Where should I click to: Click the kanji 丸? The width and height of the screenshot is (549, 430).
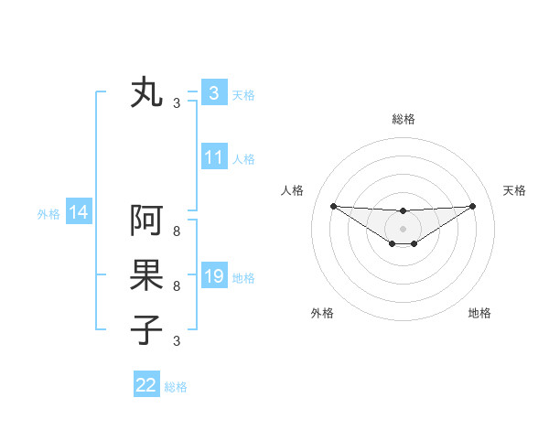click(146, 93)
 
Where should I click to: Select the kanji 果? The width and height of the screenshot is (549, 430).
click(146, 275)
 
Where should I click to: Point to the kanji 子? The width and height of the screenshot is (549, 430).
click(146, 328)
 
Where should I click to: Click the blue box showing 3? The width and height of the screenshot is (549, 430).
click(213, 92)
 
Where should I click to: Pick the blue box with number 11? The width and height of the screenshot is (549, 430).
click(213, 157)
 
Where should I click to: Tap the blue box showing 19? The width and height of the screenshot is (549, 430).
click(213, 276)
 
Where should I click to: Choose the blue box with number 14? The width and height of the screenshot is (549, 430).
click(79, 213)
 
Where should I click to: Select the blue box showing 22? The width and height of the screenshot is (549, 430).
click(146, 385)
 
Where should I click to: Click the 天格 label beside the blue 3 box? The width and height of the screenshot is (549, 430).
click(243, 94)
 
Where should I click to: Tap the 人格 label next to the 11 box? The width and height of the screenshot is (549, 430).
click(243, 159)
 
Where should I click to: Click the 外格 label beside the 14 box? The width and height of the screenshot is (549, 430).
click(48, 214)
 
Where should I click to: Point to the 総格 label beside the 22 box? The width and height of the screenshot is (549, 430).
click(176, 387)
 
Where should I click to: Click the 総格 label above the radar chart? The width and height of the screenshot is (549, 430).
click(403, 119)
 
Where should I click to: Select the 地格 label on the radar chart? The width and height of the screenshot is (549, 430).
click(479, 313)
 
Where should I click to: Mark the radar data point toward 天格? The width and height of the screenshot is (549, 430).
click(472, 205)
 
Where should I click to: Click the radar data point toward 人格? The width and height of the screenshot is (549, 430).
click(333, 206)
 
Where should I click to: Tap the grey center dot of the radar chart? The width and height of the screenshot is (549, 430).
click(403, 228)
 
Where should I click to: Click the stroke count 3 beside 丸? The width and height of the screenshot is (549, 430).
click(176, 103)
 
